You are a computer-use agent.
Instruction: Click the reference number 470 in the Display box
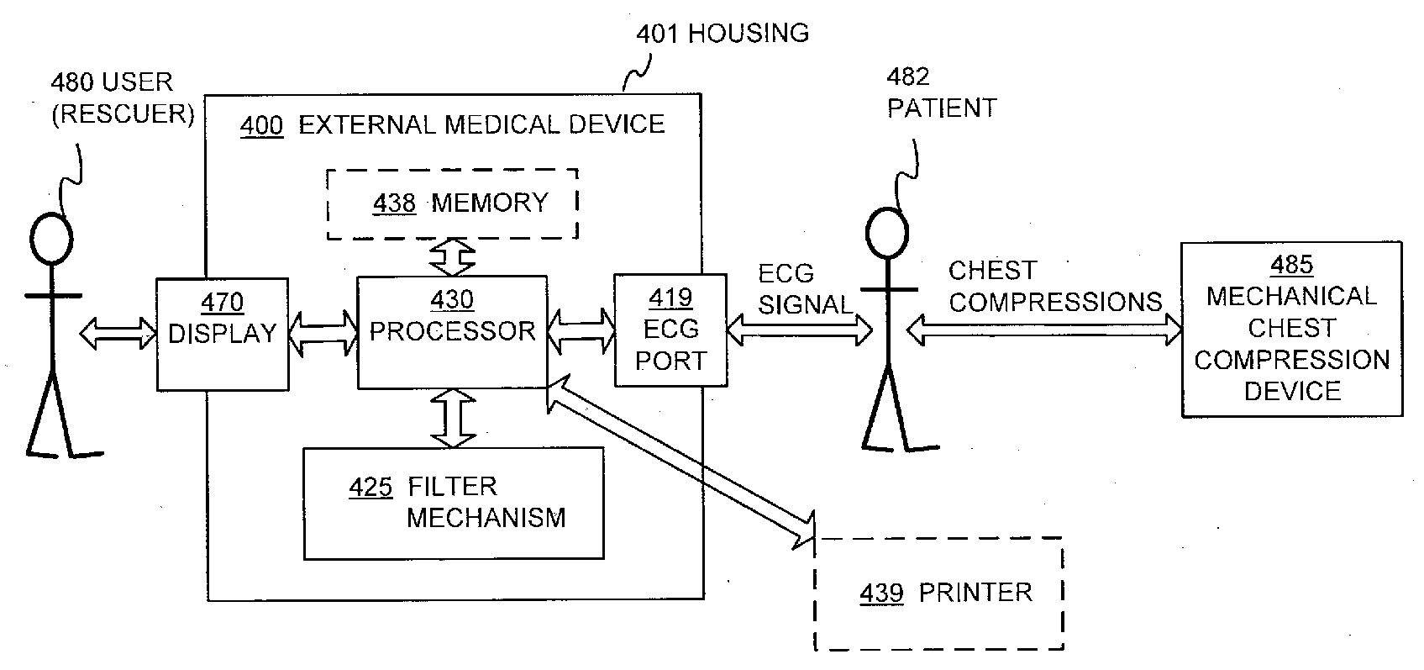point(222,303)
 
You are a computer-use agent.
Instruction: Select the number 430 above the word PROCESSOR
point(452,299)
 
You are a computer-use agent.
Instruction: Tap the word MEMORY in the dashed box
point(490,203)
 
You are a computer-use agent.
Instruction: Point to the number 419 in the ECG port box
point(670,297)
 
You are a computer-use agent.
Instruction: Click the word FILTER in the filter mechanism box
point(452,487)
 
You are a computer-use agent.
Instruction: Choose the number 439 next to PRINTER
point(881,593)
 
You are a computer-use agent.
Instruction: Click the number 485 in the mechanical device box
point(1291,265)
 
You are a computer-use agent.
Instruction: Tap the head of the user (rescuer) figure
point(51,239)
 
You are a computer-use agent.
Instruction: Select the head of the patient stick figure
point(887,233)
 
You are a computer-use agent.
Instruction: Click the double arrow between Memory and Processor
point(452,257)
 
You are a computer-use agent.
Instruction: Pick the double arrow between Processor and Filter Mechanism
point(454,418)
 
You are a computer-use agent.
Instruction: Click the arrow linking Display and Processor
point(323,333)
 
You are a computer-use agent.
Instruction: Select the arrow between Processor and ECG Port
point(581,331)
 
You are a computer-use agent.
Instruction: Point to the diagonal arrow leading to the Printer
point(680,462)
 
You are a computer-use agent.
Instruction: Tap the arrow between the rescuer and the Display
point(118,334)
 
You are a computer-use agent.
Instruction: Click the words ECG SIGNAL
point(805,289)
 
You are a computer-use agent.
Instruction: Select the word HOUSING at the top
point(749,33)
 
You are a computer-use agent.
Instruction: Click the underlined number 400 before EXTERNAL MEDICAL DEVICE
point(261,125)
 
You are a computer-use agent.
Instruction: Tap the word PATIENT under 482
point(942,108)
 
